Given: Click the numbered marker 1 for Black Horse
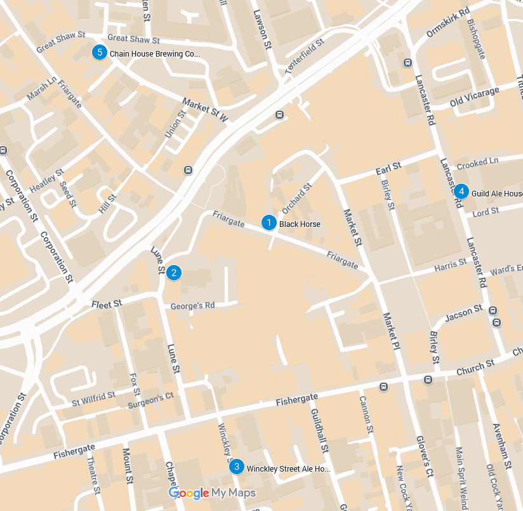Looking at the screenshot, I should (x=269, y=223).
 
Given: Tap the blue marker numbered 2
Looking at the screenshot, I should (x=173, y=273).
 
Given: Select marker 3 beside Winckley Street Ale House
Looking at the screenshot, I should (x=237, y=467).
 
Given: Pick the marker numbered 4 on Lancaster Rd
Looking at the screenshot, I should (x=461, y=191).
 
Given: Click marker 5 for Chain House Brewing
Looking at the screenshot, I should (x=99, y=52).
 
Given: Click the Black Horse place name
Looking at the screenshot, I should (x=300, y=224).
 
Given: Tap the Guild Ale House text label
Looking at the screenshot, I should (x=496, y=193).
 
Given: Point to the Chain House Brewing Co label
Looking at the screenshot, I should (x=155, y=54).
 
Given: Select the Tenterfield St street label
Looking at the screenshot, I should (x=304, y=57).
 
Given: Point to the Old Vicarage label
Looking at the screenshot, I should (x=474, y=97).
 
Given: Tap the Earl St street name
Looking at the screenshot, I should (x=388, y=168).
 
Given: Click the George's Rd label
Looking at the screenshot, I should (x=192, y=306).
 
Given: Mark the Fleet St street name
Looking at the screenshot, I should (x=106, y=304).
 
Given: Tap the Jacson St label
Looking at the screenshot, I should (x=464, y=312).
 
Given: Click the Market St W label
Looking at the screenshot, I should (x=205, y=109).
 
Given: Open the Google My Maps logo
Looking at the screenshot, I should (x=212, y=493).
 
